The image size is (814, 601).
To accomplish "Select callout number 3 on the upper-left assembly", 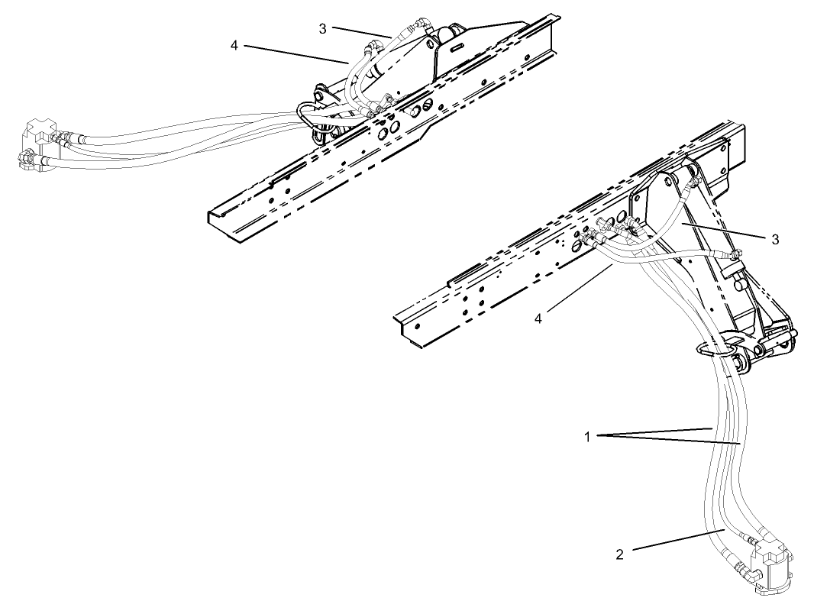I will [x=324, y=28].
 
